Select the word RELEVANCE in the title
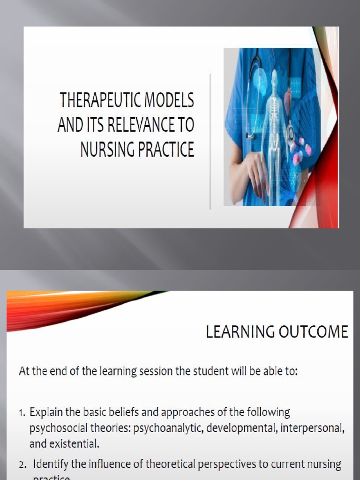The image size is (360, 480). pos(134,126)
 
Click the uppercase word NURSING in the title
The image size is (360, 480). pos(107,150)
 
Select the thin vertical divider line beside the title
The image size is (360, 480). pos(210,141)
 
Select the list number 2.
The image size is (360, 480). pos(22,465)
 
